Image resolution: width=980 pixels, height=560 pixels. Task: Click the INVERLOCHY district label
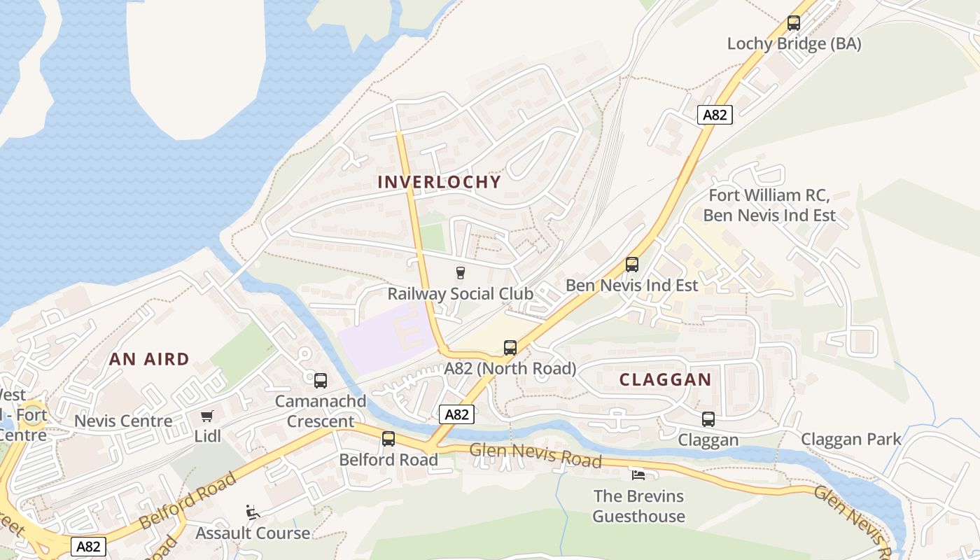(439, 182)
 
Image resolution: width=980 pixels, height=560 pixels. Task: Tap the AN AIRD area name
(149, 359)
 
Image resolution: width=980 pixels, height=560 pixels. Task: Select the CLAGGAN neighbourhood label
(665, 380)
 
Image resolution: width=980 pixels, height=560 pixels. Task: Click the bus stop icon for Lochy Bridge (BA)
(793, 23)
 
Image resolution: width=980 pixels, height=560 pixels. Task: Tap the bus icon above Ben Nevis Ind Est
(631, 265)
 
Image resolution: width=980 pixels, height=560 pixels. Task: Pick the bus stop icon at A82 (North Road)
(510, 348)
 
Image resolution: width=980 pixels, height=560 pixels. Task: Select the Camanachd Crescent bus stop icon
(320, 381)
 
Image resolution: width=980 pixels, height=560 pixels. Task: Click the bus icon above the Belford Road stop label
(388, 439)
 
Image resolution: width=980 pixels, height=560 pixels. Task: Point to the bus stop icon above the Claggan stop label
(708, 419)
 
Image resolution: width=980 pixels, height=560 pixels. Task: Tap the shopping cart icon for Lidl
(206, 416)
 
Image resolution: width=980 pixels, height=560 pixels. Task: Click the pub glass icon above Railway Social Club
(460, 272)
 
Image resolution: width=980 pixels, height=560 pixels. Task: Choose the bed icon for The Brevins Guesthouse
(638, 475)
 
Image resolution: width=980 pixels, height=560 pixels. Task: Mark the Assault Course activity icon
(253, 512)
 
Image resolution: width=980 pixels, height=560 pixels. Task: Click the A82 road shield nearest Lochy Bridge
(714, 115)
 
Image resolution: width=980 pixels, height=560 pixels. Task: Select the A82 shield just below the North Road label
(456, 414)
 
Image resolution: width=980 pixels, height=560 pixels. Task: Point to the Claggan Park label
(850, 440)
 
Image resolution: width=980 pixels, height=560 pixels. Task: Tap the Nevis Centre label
(123, 421)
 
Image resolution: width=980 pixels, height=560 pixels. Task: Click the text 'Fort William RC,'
(769, 195)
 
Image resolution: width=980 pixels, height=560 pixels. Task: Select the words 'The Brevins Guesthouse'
(638, 506)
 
